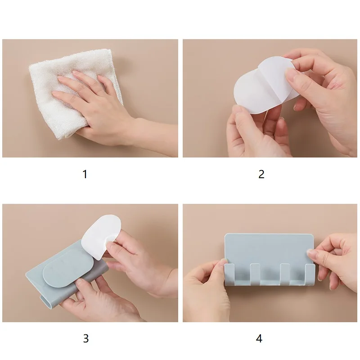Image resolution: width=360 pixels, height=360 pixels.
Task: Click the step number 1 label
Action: [x=85, y=174]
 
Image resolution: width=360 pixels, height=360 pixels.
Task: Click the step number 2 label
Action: [x=261, y=174]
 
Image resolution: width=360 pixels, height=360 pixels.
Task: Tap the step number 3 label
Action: [x=85, y=338]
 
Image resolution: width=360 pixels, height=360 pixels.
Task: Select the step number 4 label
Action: [x=259, y=338]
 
